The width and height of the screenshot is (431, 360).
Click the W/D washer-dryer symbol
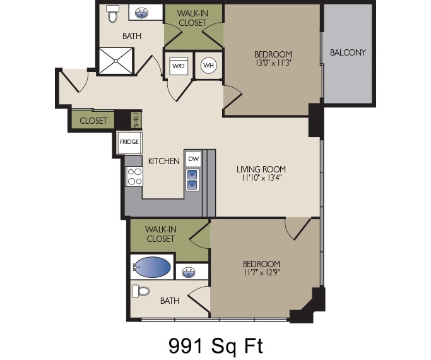coord(178,65)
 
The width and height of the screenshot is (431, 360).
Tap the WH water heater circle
coord(208,65)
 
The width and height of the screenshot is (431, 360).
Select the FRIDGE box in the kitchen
coord(129,143)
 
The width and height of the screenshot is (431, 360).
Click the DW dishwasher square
coord(193,159)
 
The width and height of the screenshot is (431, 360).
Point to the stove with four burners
coord(134,176)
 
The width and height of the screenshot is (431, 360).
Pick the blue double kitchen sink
coord(192,179)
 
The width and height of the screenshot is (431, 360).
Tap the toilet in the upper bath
coord(113,14)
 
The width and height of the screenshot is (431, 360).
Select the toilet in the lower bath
coord(140,291)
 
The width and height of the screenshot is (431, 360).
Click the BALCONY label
coord(348,52)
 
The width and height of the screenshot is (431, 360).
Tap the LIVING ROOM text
coord(261,169)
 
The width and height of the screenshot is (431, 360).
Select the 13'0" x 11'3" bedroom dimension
coord(273,63)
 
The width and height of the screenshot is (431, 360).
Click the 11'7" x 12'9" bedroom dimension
coord(261,273)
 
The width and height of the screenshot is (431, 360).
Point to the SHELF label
coord(136,119)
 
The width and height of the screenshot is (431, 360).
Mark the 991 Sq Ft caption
coord(215,345)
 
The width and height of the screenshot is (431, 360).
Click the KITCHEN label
coord(164,161)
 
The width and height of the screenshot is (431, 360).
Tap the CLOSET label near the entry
coord(93,121)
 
